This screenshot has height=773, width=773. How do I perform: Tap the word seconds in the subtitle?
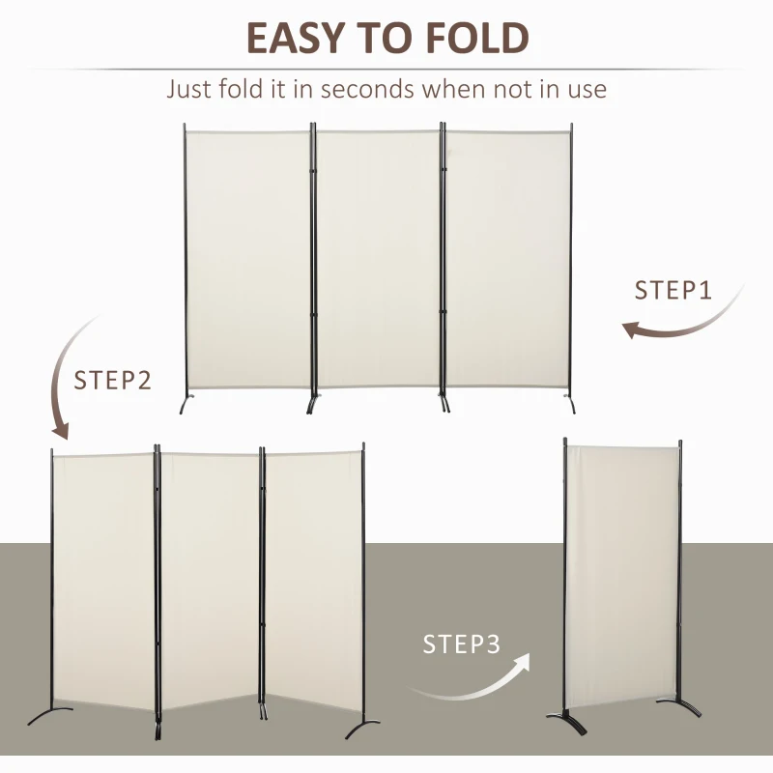tap(377, 90)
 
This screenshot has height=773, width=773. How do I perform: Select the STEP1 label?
tap(673, 290)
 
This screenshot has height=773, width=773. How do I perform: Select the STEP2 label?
tap(113, 380)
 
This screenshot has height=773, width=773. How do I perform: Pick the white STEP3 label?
tap(462, 644)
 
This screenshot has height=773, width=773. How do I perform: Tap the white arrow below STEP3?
tap(473, 680)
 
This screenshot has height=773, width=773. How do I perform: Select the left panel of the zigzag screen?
tap(103, 580)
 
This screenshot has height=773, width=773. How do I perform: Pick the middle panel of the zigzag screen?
tap(210, 580)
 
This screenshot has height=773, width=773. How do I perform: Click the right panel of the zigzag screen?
tap(314, 580)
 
